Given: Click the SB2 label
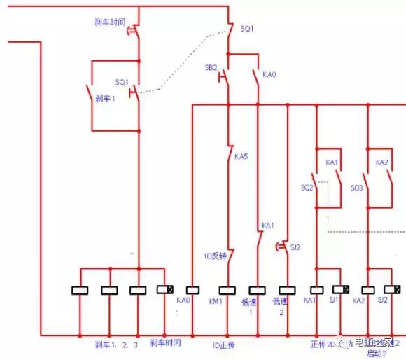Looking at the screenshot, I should [x=211, y=67].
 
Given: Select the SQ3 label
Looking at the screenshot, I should [x=356, y=188].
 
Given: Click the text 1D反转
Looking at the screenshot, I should [x=213, y=256].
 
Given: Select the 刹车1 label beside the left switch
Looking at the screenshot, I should [x=104, y=99].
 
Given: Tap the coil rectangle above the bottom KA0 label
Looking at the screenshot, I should [x=193, y=289].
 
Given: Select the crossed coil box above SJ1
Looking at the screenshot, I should [x=341, y=289].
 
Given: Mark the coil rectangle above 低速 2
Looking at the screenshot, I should [x=286, y=289].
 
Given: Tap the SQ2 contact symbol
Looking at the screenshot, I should [x=319, y=189].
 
